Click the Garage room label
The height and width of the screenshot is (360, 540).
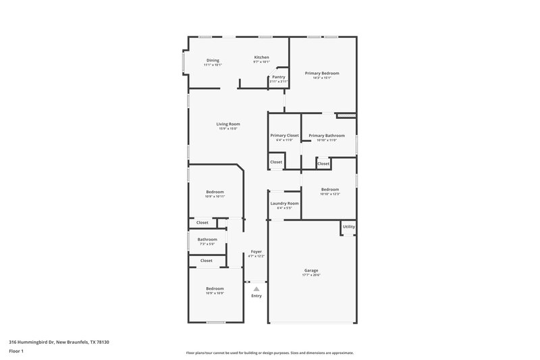311,270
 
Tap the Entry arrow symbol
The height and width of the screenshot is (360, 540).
256,288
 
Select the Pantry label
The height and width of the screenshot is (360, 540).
278,77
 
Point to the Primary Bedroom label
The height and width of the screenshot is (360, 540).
321,73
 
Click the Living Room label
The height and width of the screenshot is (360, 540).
228,124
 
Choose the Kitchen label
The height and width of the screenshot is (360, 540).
261,57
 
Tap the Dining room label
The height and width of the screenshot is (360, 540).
213,60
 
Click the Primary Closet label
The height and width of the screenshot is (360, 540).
284,135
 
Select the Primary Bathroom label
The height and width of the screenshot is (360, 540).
327,135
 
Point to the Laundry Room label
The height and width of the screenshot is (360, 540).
284,203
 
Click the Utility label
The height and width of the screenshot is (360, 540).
348,227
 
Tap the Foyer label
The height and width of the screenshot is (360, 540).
256,251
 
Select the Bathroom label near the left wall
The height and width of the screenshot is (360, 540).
207,239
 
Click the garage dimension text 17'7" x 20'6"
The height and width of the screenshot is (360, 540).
311,275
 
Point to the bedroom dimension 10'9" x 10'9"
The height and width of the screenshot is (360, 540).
215,293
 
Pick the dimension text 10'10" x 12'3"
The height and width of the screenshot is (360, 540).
330,195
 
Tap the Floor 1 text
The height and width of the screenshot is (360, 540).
17,352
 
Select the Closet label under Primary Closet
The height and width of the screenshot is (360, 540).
276,162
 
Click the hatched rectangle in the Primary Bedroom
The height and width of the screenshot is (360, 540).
346,115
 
